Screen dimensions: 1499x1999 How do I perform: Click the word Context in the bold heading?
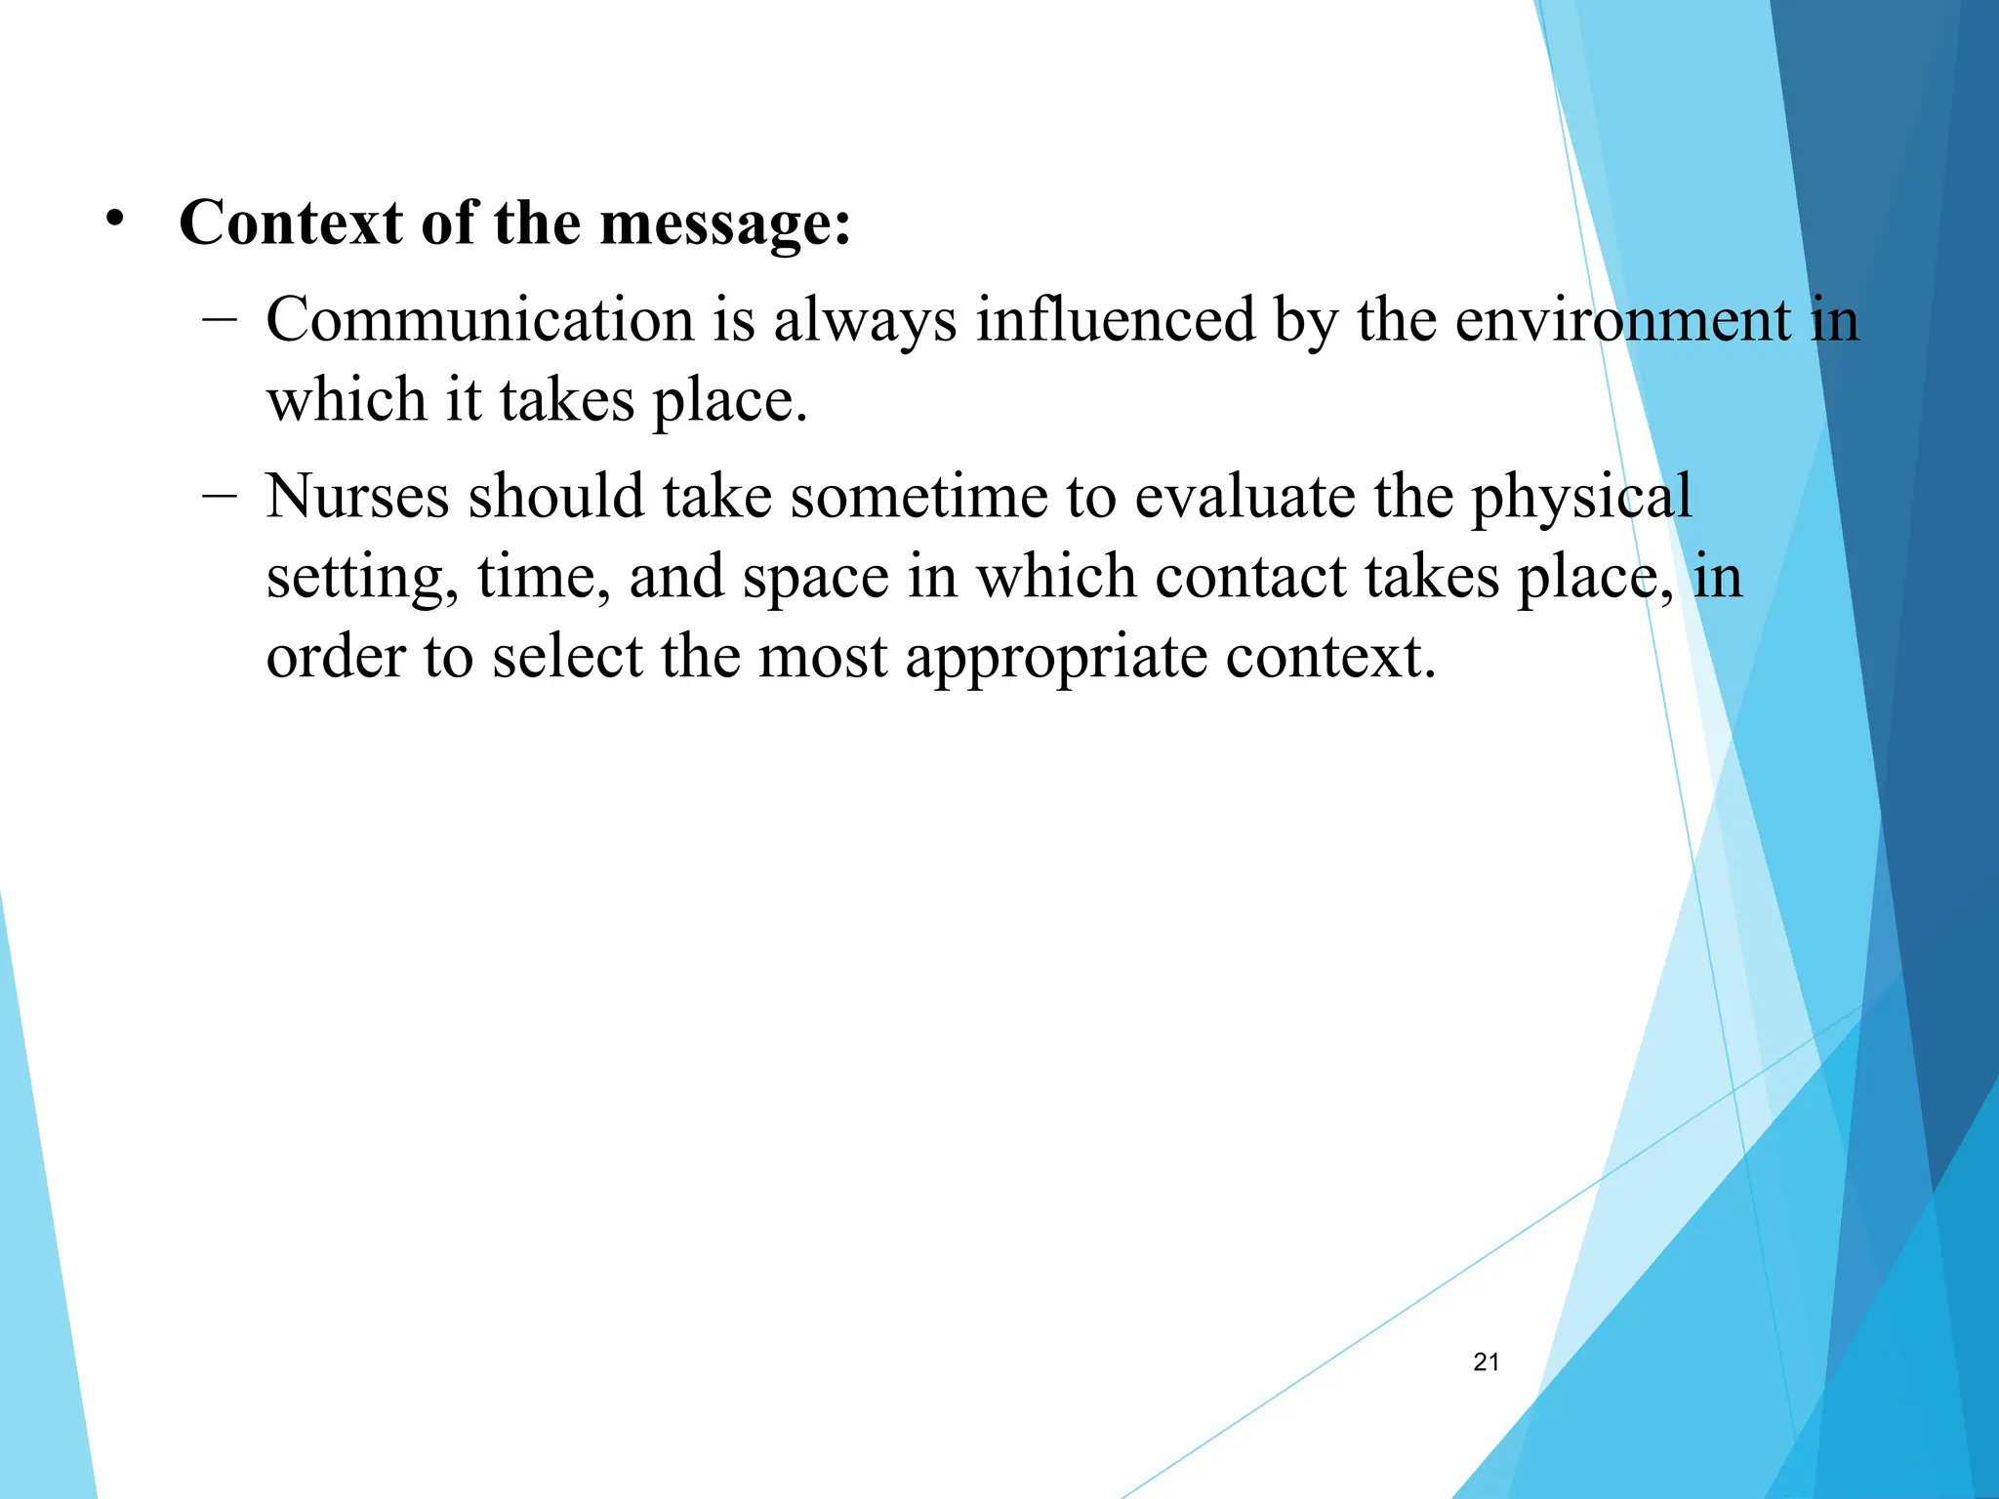tap(291, 223)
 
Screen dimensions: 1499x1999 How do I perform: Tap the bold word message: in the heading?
tap(725, 223)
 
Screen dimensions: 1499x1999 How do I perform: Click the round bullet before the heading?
tap(116, 219)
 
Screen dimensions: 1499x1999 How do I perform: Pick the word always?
tap(865, 322)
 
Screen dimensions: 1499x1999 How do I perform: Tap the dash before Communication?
tap(221, 318)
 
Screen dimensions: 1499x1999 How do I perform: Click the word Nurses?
tap(357, 497)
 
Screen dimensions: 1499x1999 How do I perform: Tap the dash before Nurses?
tap(221, 495)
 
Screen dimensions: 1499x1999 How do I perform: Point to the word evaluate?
tap(1244, 497)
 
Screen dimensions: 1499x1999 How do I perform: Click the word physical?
tap(1581, 499)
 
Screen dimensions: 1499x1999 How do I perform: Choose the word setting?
tap(362, 579)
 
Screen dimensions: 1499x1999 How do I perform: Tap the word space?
tap(816, 579)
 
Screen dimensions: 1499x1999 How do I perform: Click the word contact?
tap(1250, 577)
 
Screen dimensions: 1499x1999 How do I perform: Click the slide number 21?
tap(1486, 1362)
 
